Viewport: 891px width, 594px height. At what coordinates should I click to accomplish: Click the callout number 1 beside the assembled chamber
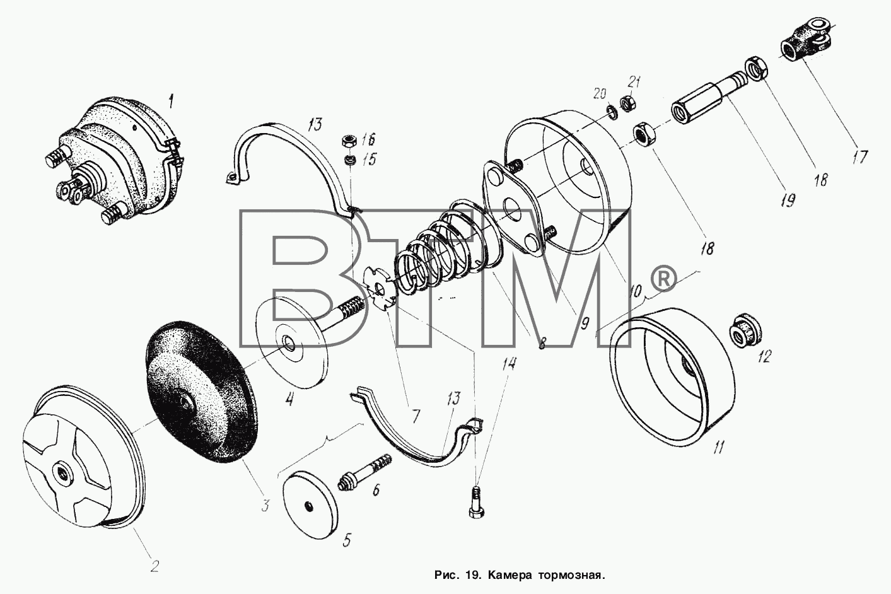click(171, 102)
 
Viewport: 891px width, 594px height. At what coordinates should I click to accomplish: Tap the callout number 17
click(859, 157)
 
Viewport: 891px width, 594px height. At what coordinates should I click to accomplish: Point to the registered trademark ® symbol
click(663, 279)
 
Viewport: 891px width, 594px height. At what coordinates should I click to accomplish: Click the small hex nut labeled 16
click(349, 141)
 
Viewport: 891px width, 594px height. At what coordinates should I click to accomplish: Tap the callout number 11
click(718, 448)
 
